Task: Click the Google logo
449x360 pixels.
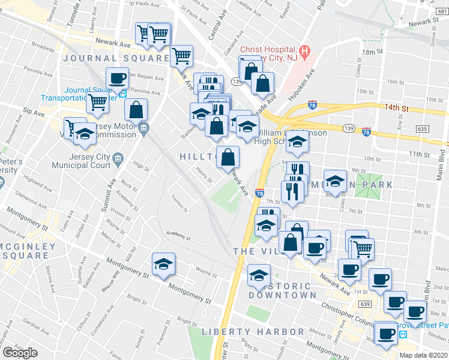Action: pyautogui.click(x=20, y=352)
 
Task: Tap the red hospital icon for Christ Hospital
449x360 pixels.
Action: pyautogui.click(x=305, y=52)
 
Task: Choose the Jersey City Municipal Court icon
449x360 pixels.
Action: pyautogui.click(x=118, y=160)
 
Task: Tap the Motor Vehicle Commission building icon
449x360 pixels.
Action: pyautogui.click(x=143, y=128)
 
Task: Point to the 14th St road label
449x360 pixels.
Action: pyautogui.click(x=397, y=109)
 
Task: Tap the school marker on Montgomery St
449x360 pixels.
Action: pyautogui.click(x=163, y=265)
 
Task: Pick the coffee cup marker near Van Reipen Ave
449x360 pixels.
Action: pyautogui.click(x=117, y=78)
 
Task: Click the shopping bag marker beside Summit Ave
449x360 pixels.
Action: pyautogui.click(x=136, y=110)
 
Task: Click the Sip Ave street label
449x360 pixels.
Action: pyautogui.click(x=34, y=112)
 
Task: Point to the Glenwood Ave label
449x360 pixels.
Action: pyautogui.click(x=28, y=195)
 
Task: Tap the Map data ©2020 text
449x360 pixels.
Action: pyautogui.click(x=423, y=355)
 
